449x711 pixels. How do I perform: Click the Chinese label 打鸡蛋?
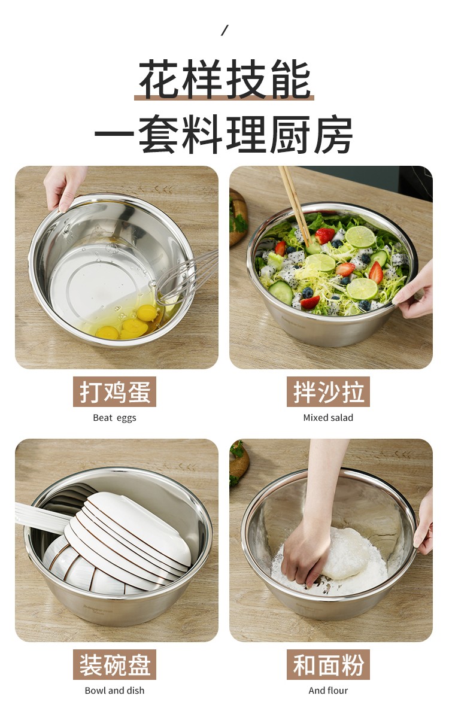point(115,392)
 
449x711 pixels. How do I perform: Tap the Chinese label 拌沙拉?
point(328,392)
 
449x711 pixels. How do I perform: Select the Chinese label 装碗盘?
point(115,665)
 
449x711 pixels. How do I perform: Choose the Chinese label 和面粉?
point(328,665)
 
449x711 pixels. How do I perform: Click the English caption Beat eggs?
point(114,418)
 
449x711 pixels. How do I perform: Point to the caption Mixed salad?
point(328,418)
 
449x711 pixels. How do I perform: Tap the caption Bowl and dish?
point(114,691)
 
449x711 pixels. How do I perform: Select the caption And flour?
point(328,691)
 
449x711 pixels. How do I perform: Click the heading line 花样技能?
point(224,80)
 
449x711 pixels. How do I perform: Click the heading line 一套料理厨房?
point(223,135)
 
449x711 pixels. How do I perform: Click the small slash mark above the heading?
point(224,31)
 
